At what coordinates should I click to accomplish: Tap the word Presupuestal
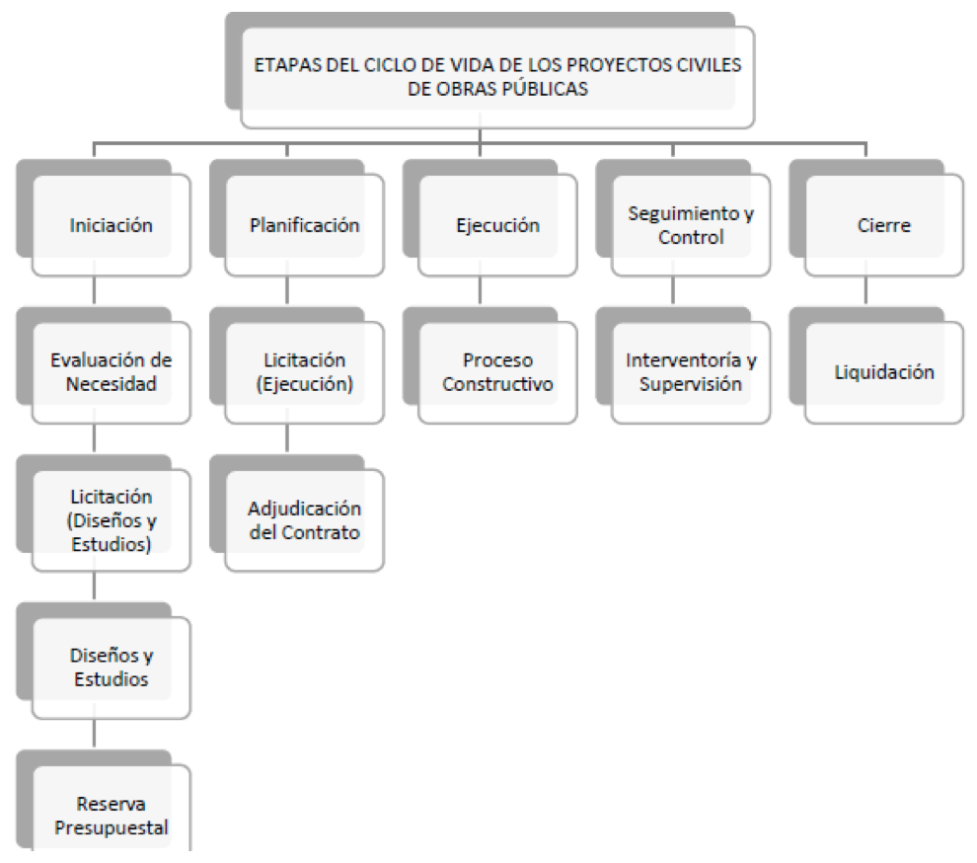click(x=111, y=827)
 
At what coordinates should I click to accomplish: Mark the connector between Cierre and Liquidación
click(x=865, y=290)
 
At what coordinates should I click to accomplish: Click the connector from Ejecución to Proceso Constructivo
click(x=480, y=290)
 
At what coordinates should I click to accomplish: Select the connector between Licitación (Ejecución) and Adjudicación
click(x=287, y=437)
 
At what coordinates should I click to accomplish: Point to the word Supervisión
click(x=691, y=384)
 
